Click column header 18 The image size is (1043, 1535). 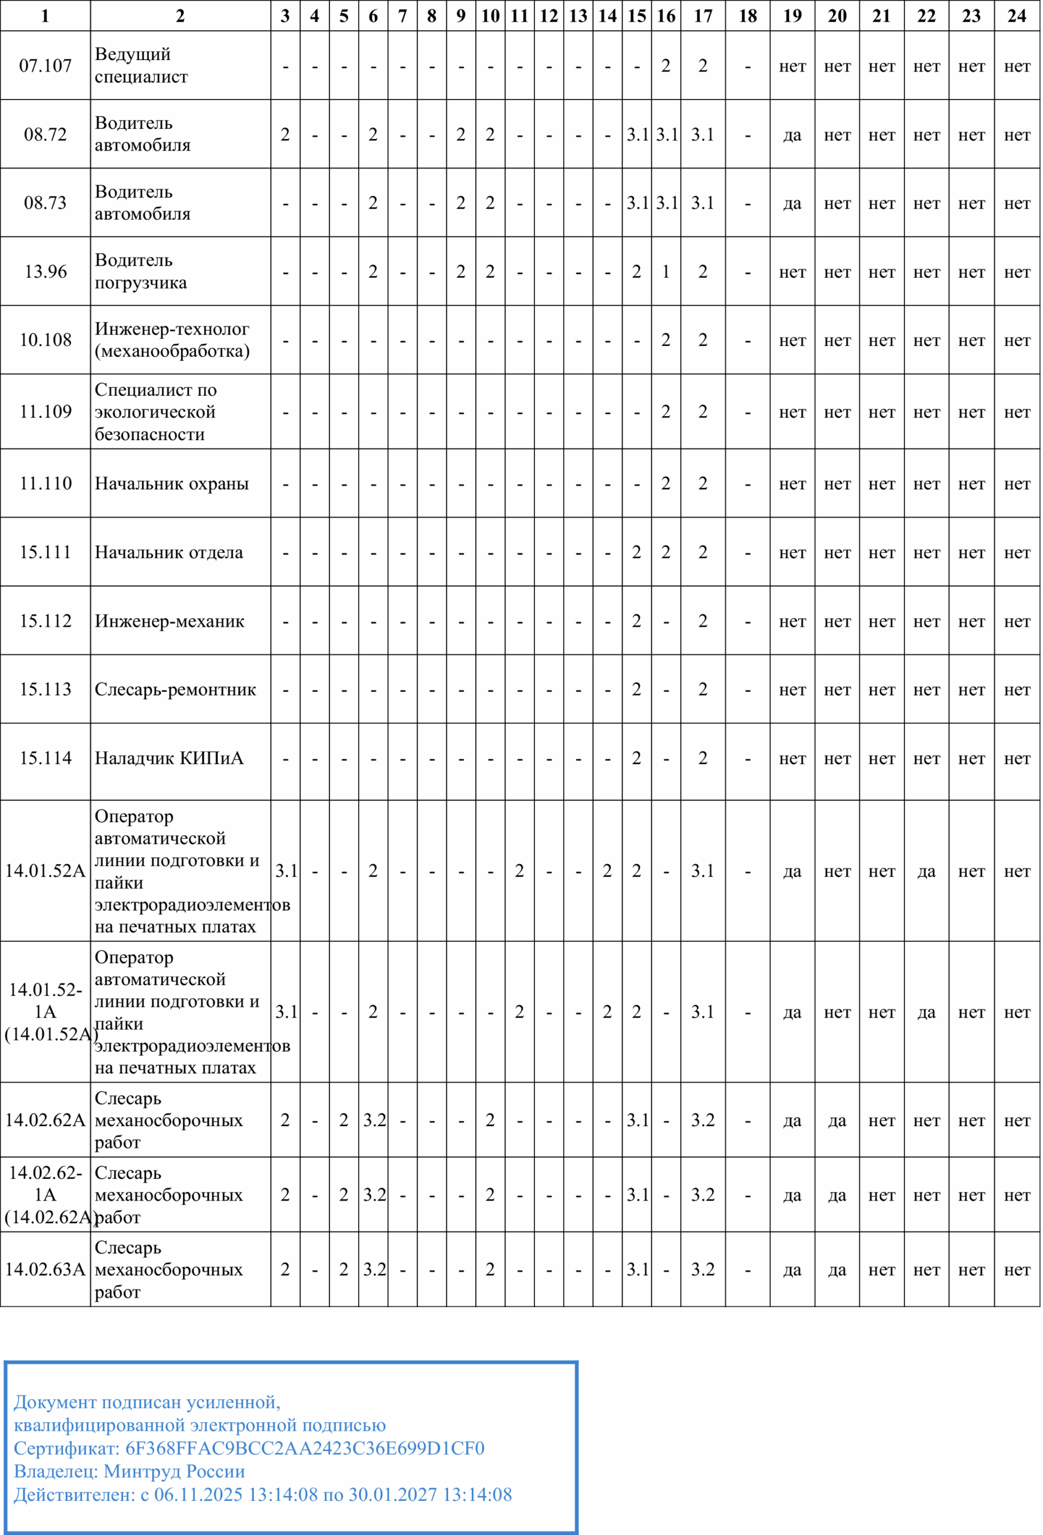(747, 16)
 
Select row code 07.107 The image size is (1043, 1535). (45, 65)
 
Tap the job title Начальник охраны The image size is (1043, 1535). (172, 483)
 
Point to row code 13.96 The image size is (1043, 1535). (45, 272)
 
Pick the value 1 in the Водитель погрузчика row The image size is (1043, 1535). (666, 272)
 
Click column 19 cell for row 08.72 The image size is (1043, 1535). (792, 135)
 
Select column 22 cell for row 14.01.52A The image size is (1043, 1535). (926, 871)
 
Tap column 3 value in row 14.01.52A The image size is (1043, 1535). (286, 871)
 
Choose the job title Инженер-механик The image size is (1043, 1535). (169, 621)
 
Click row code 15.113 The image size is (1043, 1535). (45, 689)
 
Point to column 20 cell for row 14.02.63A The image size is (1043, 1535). (837, 1269)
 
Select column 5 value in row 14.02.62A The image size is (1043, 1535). (344, 1120)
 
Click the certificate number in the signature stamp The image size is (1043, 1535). (305, 1449)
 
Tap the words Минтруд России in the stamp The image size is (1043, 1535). (175, 1471)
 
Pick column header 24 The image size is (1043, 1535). (1017, 16)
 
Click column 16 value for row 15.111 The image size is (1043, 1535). (666, 552)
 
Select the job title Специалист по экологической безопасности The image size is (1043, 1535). (155, 411)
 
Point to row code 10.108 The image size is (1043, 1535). (45, 340)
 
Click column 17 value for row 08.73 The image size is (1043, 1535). (703, 203)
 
